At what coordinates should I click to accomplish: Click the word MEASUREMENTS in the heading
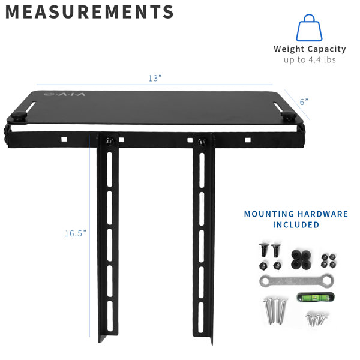[x=89, y=12]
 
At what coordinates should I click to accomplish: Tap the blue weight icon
[x=309, y=28]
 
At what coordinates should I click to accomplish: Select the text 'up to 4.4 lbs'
[x=310, y=60]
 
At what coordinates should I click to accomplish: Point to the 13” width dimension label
[x=155, y=78]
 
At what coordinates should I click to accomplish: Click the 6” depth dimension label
[x=304, y=102]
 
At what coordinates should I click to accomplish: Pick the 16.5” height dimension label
[x=76, y=233]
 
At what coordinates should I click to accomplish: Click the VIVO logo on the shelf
[x=65, y=94]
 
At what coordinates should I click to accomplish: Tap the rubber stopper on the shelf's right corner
[x=289, y=115]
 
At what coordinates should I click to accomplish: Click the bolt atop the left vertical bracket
[x=109, y=141]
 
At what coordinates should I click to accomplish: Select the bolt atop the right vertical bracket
[x=202, y=141]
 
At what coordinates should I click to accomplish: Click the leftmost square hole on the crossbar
[x=64, y=139]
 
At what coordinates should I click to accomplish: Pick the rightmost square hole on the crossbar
[x=248, y=140]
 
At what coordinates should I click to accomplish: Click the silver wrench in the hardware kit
[x=296, y=280]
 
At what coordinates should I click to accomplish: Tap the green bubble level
[x=316, y=298]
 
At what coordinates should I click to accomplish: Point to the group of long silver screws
[x=275, y=310]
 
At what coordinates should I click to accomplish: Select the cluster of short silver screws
[x=316, y=319]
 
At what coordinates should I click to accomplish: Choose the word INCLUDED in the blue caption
[x=296, y=225]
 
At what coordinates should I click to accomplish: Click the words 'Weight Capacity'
[x=310, y=49]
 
